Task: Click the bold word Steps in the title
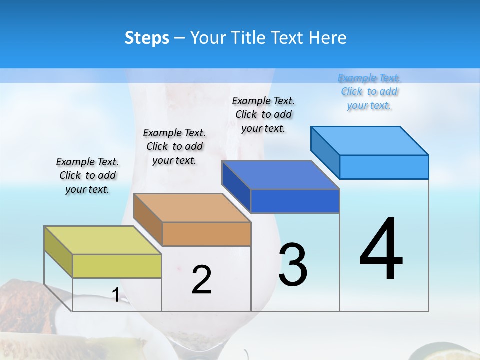[x=147, y=38]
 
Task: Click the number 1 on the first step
[x=115, y=295]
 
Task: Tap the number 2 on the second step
[x=201, y=280]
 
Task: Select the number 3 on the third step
[x=293, y=265]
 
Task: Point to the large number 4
[x=381, y=250]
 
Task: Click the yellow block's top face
[x=102, y=240]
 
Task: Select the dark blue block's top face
[x=280, y=175]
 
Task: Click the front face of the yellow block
[x=117, y=266]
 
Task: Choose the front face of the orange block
[x=206, y=234]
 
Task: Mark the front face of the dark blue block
[x=295, y=201]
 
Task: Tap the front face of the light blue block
[x=384, y=167]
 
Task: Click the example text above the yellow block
[x=87, y=175]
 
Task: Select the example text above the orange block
[x=174, y=146]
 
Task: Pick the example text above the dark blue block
[x=263, y=114]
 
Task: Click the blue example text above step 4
[x=369, y=92]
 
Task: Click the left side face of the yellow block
[x=58, y=251]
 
